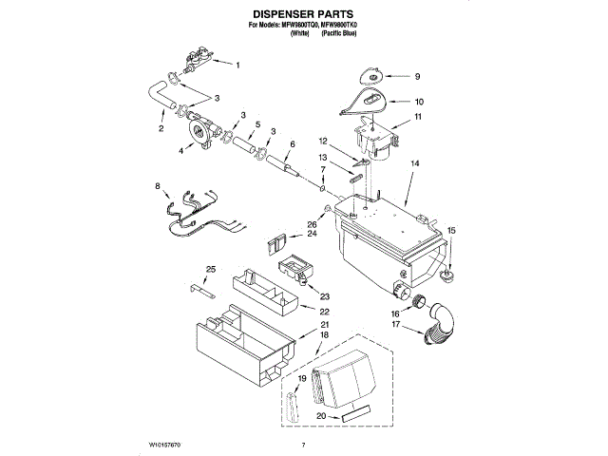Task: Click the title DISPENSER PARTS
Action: tap(303, 16)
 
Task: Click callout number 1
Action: tap(237, 65)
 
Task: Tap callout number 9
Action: tap(415, 75)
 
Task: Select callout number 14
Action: tap(414, 164)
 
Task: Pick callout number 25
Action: tap(211, 269)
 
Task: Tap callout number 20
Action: tap(321, 416)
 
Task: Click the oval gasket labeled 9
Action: tap(371, 74)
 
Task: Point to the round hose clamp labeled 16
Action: tap(416, 301)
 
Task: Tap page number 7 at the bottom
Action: tap(303, 445)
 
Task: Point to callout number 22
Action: tap(324, 312)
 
